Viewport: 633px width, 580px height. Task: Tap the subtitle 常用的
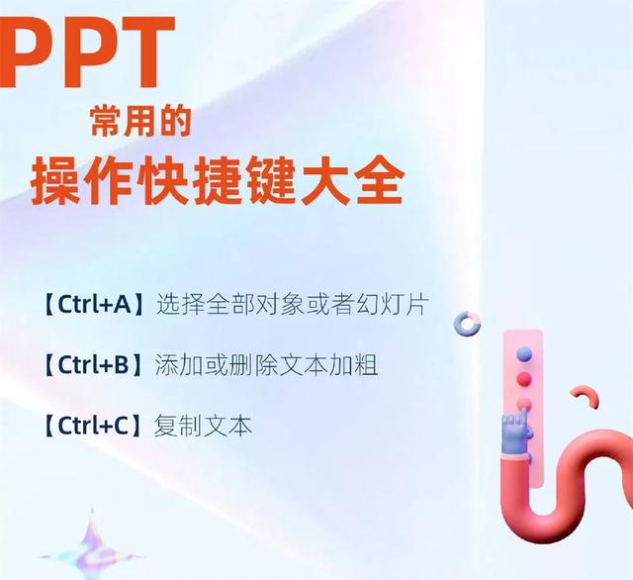[138, 124]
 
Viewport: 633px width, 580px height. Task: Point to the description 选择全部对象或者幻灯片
[292, 304]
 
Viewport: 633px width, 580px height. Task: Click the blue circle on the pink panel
[524, 352]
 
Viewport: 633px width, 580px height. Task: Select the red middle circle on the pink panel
[524, 378]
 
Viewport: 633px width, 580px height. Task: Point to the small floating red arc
[588, 397]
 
